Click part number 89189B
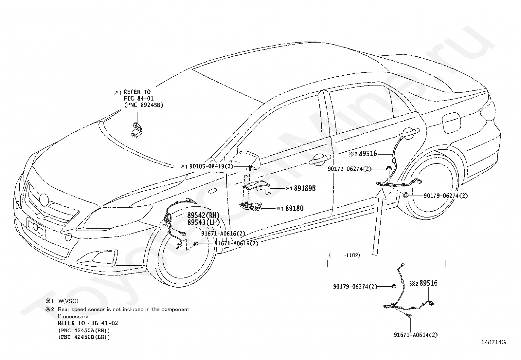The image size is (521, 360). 305,188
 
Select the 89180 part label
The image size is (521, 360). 295,208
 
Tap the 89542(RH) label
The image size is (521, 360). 204,215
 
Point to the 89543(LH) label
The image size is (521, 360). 204,222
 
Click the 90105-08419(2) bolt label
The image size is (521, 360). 211,166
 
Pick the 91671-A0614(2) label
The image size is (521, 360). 416,335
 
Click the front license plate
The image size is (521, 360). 36,228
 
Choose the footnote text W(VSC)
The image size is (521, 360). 68,301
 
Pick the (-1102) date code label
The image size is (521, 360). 345,255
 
